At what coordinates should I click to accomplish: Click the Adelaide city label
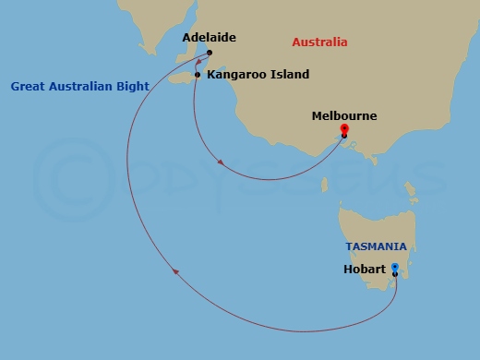tap(209, 38)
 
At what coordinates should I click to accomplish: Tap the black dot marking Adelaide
tap(210, 53)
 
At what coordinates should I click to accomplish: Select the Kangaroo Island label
tap(258, 75)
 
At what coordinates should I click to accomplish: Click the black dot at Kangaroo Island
tap(198, 75)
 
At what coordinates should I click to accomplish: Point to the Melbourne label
tap(343, 116)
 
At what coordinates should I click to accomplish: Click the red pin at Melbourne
tap(343, 128)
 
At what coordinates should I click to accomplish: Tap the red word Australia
tap(319, 42)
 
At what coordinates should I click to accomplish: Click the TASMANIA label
tap(376, 247)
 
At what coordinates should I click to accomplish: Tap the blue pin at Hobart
tap(395, 268)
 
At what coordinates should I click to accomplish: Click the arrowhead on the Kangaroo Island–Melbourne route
tap(221, 163)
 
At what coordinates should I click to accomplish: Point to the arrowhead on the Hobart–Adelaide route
tap(175, 271)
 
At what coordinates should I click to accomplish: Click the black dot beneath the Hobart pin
tap(395, 275)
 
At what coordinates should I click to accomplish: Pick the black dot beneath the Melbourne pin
tap(343, 136)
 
